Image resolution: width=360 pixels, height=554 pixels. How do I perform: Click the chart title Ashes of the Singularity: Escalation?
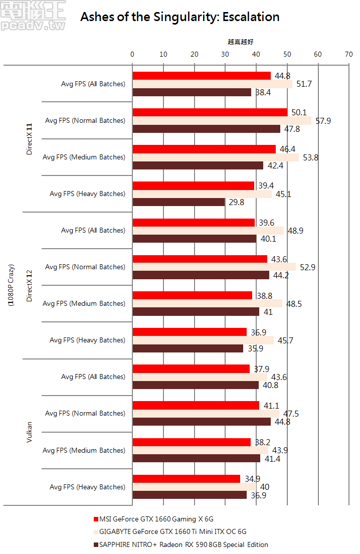(180, 17)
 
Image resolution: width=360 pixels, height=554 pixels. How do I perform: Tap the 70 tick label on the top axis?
(348, 54)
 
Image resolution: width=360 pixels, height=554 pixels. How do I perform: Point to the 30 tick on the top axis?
(225, 54)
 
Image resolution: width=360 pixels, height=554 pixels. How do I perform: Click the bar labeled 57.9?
(222, 121)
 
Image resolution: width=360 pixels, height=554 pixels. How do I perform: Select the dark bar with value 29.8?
(178, 202)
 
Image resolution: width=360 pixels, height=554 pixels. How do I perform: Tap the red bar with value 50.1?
(210, 112)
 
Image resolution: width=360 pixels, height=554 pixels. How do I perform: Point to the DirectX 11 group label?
(29, 139)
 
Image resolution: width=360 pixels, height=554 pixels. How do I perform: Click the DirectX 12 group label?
(29, 285)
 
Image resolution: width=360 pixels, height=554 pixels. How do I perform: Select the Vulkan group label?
(29, 432)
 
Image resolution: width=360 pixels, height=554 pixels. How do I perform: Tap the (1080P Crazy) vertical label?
(11, 285)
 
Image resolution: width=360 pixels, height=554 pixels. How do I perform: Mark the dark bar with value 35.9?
(188, 348)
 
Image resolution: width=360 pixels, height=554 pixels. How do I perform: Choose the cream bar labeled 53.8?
(216, 157)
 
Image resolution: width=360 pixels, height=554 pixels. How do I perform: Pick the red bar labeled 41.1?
(196, 405)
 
